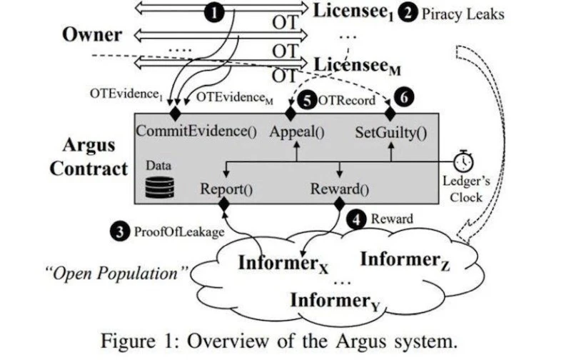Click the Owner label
(91, 35)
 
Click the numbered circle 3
(119, 231)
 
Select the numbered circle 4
(356, 219)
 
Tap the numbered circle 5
(306, 101)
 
